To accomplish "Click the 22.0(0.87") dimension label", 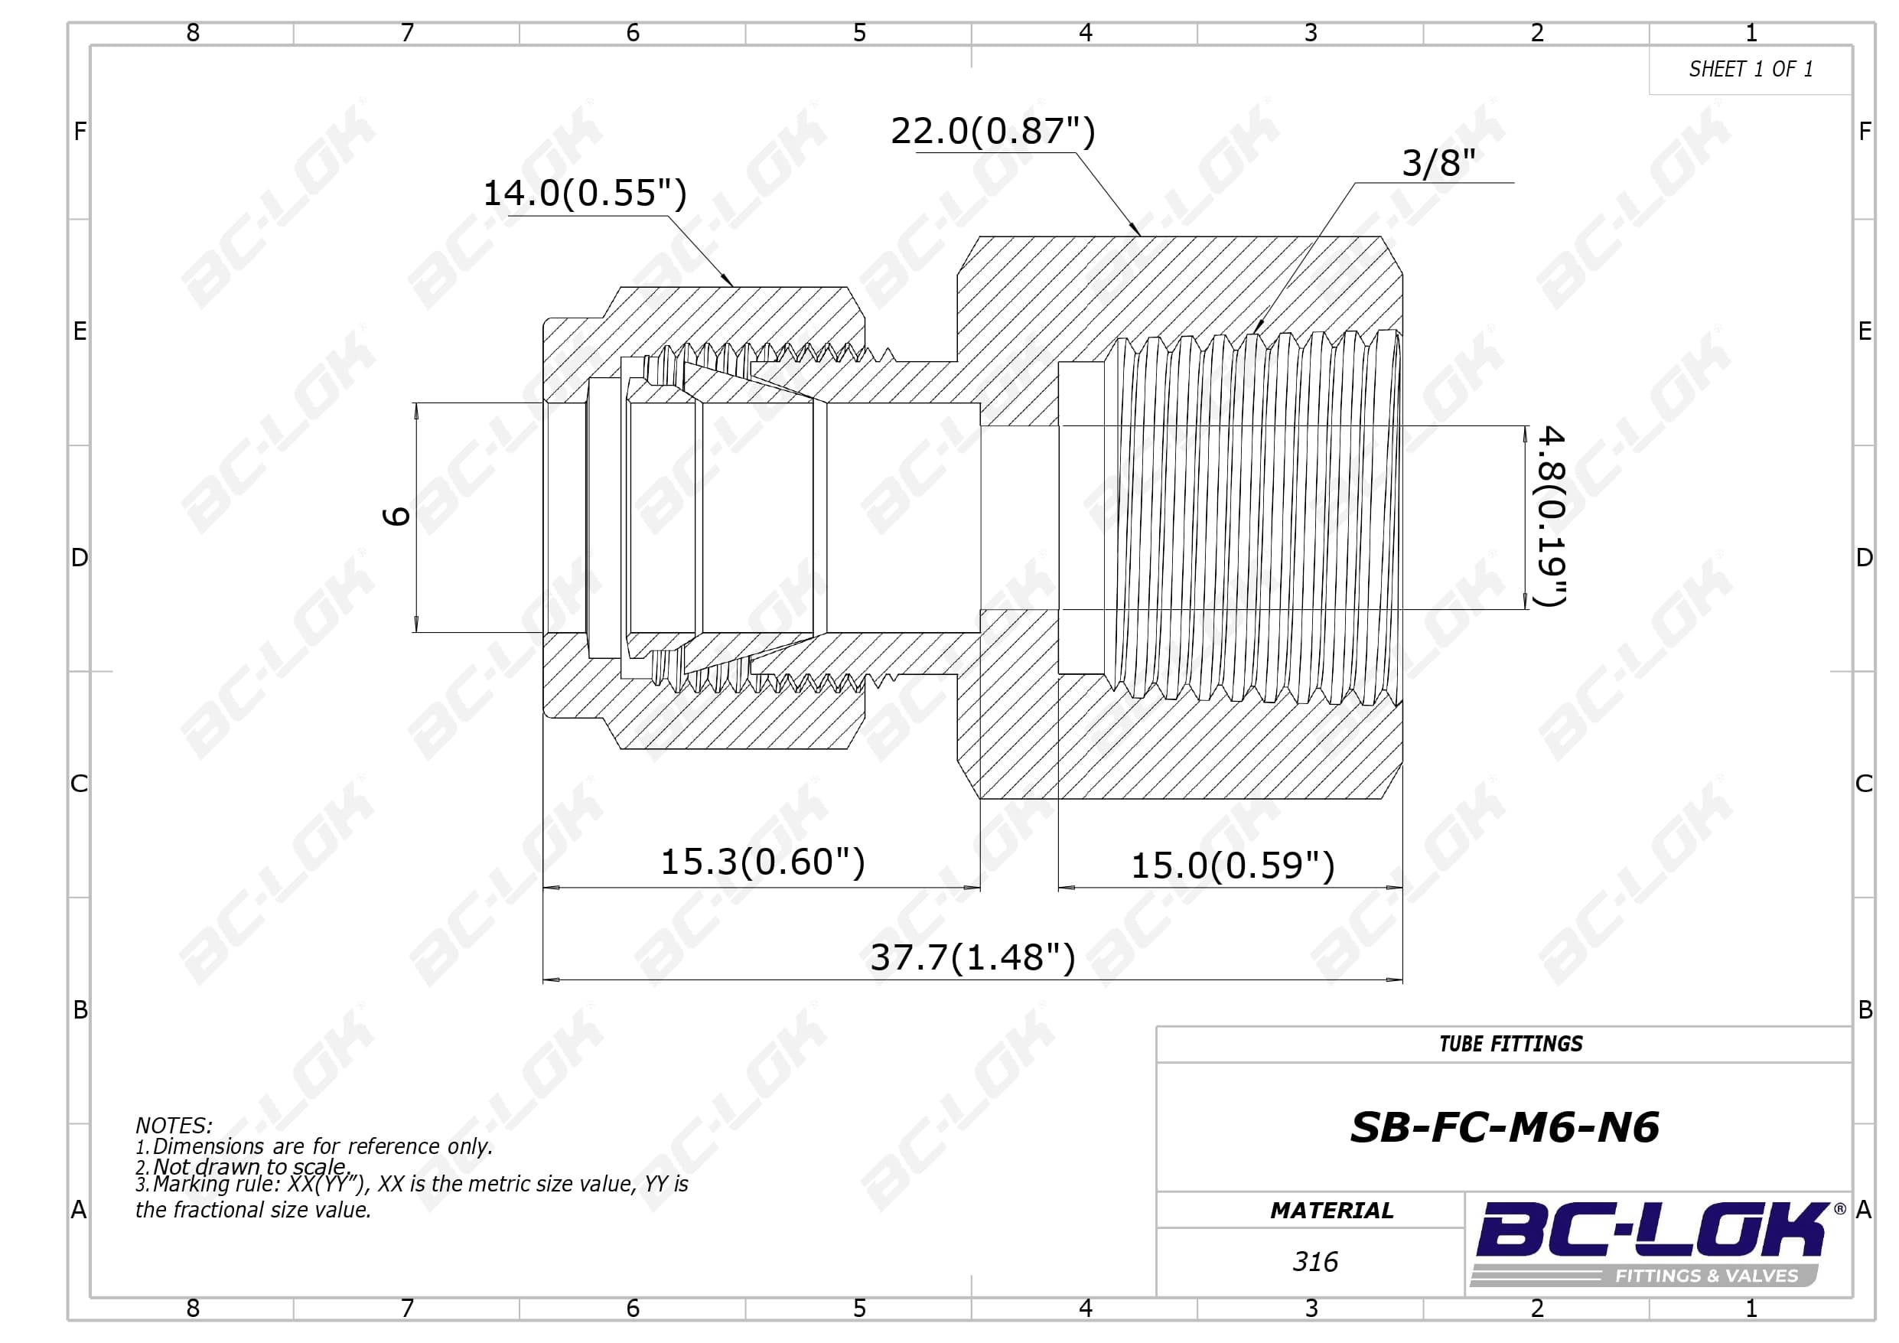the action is [x=992, y=131].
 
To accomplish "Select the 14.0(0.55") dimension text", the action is [x=585, y=193].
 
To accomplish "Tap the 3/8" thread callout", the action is [x=1438, y=163].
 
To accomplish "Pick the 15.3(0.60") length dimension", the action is [x=763, y=862].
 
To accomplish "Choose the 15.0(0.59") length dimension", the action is [x=1233, y=865].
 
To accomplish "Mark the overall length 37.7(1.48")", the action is [x=972, y=957].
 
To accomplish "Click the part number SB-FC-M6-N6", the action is [x=1504, y=1127].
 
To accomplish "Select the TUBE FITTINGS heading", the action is [x=1510, y=1045].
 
